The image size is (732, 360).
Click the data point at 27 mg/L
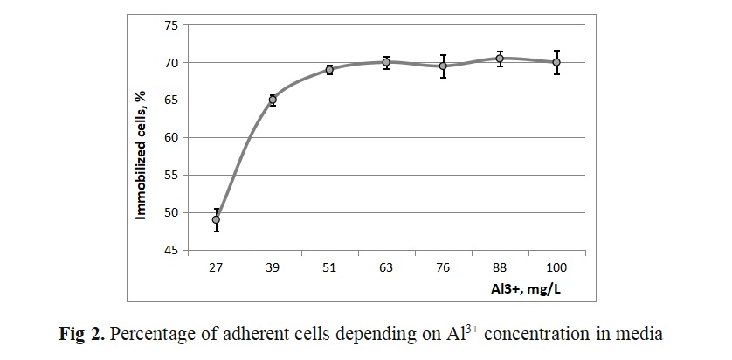[216, 219]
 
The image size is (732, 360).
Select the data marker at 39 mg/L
[273, 100]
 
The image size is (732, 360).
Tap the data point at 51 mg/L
[329, 70]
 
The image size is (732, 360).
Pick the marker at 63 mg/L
[386, 62]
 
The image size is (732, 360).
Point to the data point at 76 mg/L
[443, 66]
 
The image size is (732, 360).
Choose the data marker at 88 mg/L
[500, 59]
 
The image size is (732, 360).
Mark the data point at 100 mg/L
[556, 62]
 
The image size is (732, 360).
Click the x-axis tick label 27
[216, 267]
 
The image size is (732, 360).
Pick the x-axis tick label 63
[386, 267]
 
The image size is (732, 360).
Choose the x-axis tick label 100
[556, 267]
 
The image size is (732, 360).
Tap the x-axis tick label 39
[273, 267]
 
